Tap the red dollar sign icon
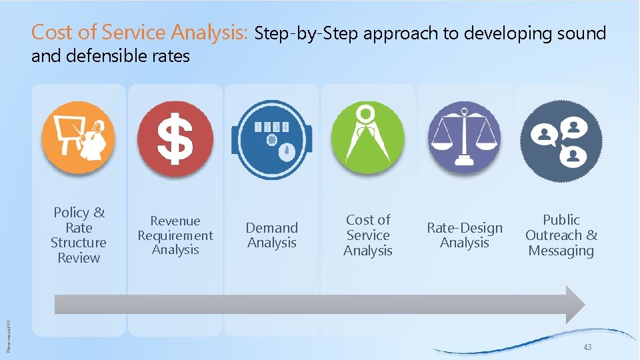click(x=175, y=139)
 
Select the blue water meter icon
click(x=271, y=140)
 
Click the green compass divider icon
click(x=367, y=139)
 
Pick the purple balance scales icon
click(x=464, y=139)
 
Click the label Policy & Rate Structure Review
click(x=79, y=235)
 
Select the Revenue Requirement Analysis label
click(x=175, y=235)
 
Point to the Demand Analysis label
click(x=271, y=235)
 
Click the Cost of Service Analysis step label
click(x=367, y=235)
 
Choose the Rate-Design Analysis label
click(x=464, y=235)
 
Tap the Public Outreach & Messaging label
click(x=561, y=235)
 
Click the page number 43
click(x=587, y=348)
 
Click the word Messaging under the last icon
click(x=561, y=251)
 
